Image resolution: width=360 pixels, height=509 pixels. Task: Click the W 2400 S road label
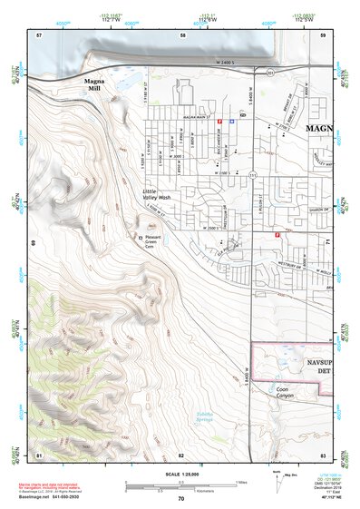pos(231,63)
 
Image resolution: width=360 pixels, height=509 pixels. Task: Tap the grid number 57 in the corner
pos(39,34)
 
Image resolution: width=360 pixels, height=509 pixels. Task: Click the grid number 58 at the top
pos(182,34)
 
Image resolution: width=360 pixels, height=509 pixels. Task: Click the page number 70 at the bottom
pos(180,498)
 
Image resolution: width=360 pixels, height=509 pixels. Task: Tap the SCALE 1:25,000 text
pos(180,473)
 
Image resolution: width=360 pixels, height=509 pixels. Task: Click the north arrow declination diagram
pos(276,482)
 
